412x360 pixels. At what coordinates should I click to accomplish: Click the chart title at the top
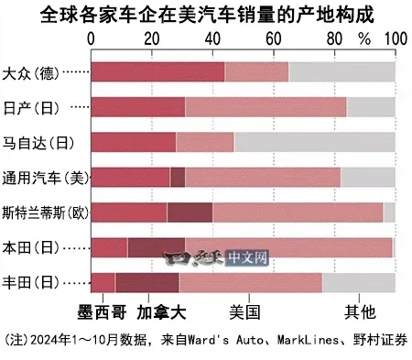tap(205, 15)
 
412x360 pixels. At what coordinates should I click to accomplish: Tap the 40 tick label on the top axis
tap(212, 40)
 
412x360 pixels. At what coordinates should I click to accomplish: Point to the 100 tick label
tap(395, 40)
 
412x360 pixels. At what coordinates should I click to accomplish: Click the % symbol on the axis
tap(364, 40)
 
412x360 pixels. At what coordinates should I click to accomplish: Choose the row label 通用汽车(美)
tap(43, 177)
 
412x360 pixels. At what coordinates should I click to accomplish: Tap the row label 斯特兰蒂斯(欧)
tap(45, 212)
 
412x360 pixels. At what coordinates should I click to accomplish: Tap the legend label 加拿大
tap(161, 311)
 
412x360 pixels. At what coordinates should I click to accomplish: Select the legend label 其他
tap(359, 311)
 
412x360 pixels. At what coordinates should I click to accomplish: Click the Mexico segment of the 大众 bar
tap(157, 71)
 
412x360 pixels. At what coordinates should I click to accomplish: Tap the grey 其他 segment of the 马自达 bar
tap(314, 142)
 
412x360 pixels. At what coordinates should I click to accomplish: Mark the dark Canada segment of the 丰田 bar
tap(147, 281)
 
